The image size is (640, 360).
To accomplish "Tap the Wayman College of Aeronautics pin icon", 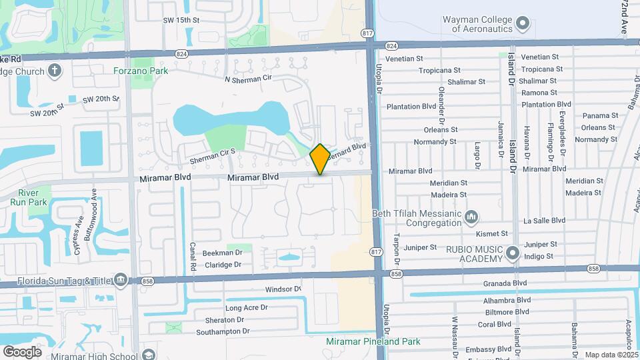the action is [x=523, y=25].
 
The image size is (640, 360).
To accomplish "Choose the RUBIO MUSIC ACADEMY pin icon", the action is [x=512, y=253].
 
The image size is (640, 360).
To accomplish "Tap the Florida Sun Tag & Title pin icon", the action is [x=121, y=279].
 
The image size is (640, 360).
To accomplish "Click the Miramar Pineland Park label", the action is [x=373, y=341].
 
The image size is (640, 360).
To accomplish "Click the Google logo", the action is [x=22, y=352].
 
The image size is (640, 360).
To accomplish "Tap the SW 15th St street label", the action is [x=181, y=21].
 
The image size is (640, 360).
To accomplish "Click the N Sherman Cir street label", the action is [x=249, y=79].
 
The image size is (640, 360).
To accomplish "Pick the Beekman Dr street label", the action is [x=223, y=253].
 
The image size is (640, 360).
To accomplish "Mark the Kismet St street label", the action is [x=492, y=234].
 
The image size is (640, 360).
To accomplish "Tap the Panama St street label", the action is [x=597, y=116].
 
